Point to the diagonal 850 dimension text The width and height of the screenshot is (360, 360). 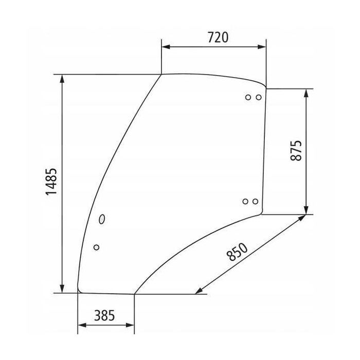click(x=237, y=256)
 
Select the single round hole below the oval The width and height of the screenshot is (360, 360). click(x=96, y=247)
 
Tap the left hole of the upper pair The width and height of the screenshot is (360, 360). click(x=248, y=97)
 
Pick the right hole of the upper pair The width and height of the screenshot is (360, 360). click(x=258, y=97)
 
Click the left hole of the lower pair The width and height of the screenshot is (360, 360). click(x=245, y=201)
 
